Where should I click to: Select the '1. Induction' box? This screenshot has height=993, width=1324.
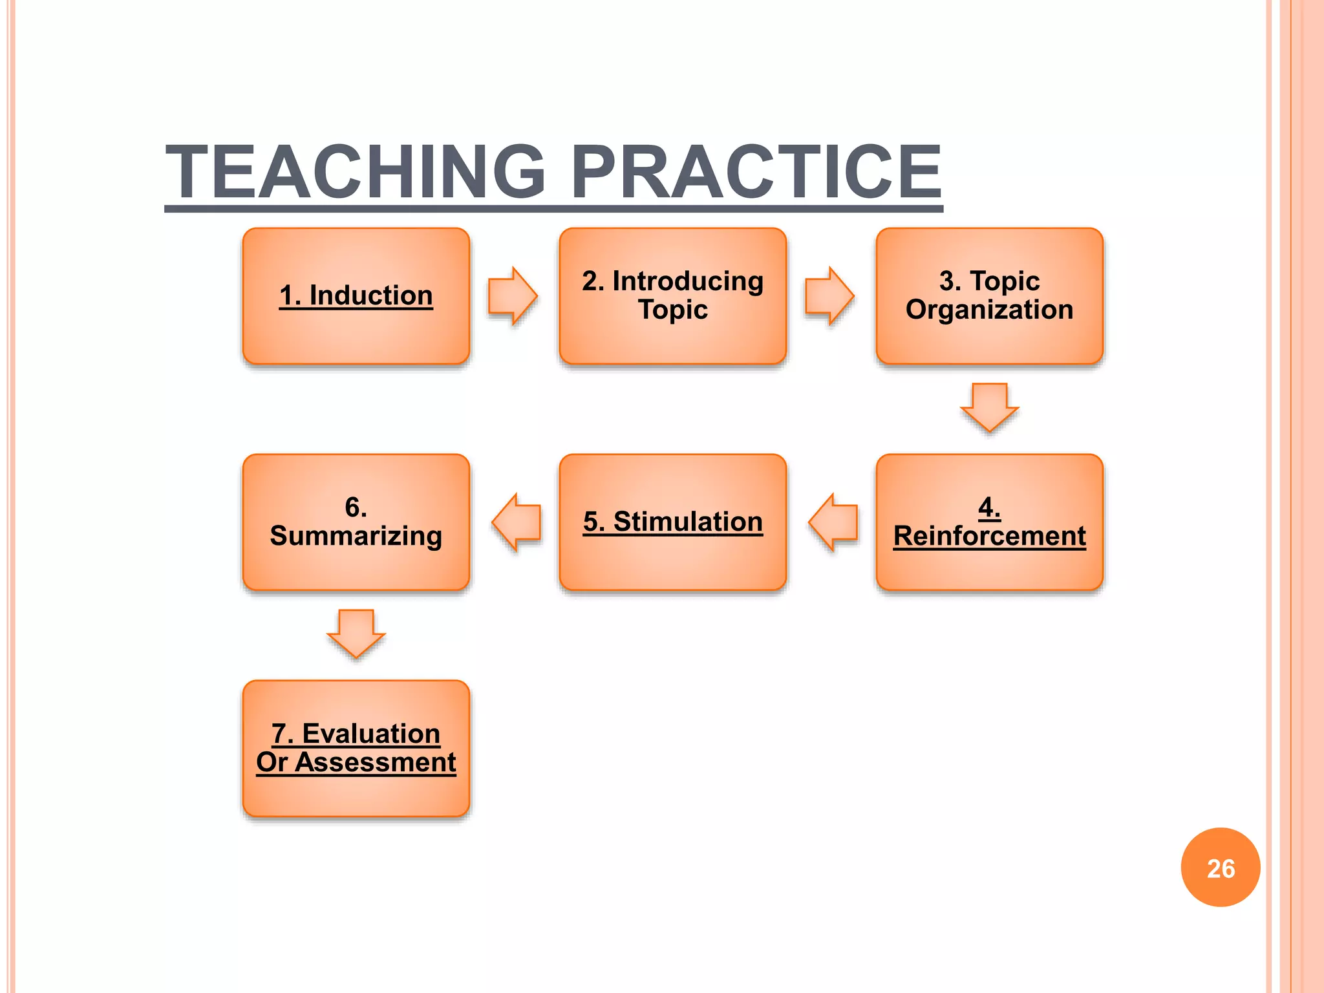tap(356, 296)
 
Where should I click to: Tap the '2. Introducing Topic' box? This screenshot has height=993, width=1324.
tap(672, 296)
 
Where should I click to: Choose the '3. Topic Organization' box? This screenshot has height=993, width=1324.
tap(989, 296)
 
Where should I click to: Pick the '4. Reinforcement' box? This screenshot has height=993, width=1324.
tap(989, 522)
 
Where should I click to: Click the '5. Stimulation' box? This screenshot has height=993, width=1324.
tap(672, 522)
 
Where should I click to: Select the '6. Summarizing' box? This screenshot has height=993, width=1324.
tap(356, 522)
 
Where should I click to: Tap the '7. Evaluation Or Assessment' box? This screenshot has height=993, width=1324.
tap(356, 749)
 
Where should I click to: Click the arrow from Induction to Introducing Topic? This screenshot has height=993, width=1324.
tap(513, 296)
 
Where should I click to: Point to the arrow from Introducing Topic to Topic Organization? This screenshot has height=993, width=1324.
tap(829, 296)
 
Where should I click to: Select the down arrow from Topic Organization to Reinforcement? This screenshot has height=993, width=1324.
tap(989, 407)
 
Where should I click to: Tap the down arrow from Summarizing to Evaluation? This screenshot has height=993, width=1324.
tap(356, 634)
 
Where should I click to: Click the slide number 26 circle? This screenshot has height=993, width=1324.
tap(1221, 868)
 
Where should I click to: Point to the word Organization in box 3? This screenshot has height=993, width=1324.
tap(989, 310)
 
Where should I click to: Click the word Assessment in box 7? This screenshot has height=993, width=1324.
tap(375, 763)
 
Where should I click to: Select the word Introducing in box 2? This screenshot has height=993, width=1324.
tap(688, 282)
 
